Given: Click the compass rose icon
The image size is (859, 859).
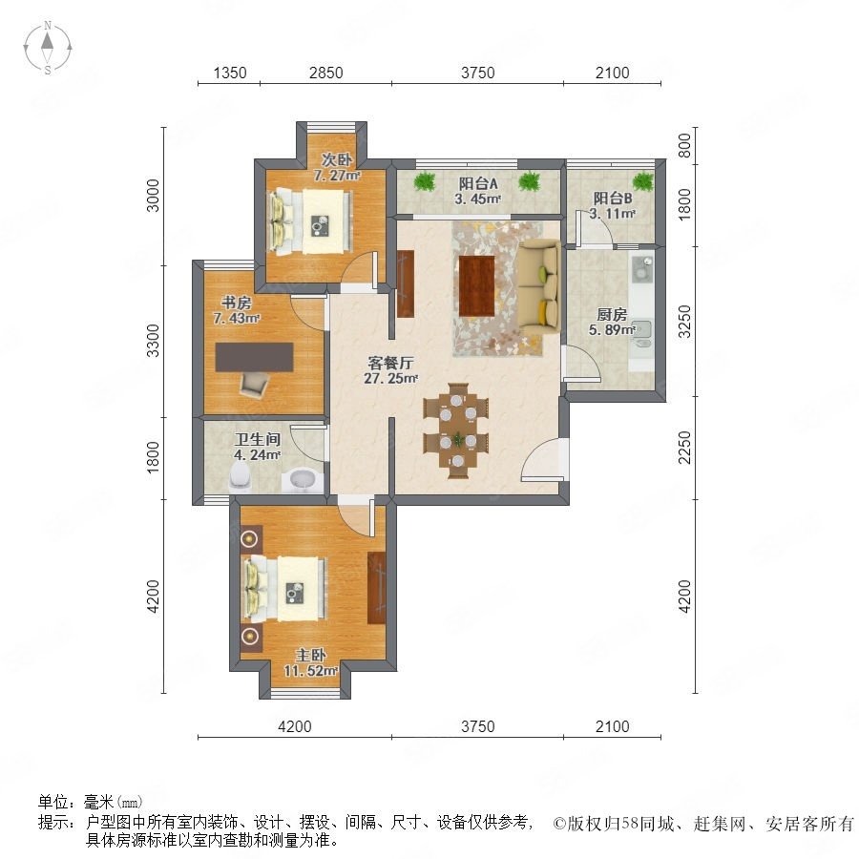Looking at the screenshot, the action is [x=48, y=47].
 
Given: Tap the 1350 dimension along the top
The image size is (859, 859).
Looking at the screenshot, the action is [x=229, y=73].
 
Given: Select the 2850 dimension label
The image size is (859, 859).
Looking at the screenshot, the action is [x=326, y=73].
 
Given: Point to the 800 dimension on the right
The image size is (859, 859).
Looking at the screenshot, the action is [x=684, y=146].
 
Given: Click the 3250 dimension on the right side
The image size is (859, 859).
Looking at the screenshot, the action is [x=684, y=322].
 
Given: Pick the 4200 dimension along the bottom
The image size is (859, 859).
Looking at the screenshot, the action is [x=295, y=726].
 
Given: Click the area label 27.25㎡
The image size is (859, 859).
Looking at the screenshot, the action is [x=391, y=378].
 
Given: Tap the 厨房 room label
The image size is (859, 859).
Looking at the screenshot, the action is [x=612, y=314].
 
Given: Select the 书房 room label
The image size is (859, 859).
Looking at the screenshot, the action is [x=236, y=303].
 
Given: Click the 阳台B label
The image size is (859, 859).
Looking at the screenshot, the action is [x=613, y=199].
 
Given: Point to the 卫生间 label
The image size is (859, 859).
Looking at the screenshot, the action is [x=258, y=439].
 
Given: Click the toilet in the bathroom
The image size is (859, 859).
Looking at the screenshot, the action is [x=240, y=476].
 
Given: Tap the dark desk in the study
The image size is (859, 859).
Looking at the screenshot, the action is [x=254, y=357].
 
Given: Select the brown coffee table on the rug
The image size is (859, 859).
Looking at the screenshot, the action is [x=476, y=285].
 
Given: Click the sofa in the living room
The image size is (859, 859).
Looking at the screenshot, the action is [x=539, y=286].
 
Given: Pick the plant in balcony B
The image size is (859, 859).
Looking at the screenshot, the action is [x=643, y=180].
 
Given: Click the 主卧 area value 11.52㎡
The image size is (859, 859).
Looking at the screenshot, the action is [x=310, y=670].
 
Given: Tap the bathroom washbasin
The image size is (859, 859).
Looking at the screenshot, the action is [x=302, y=480].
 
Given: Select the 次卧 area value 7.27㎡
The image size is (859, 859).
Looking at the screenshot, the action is [x=337, y=176].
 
